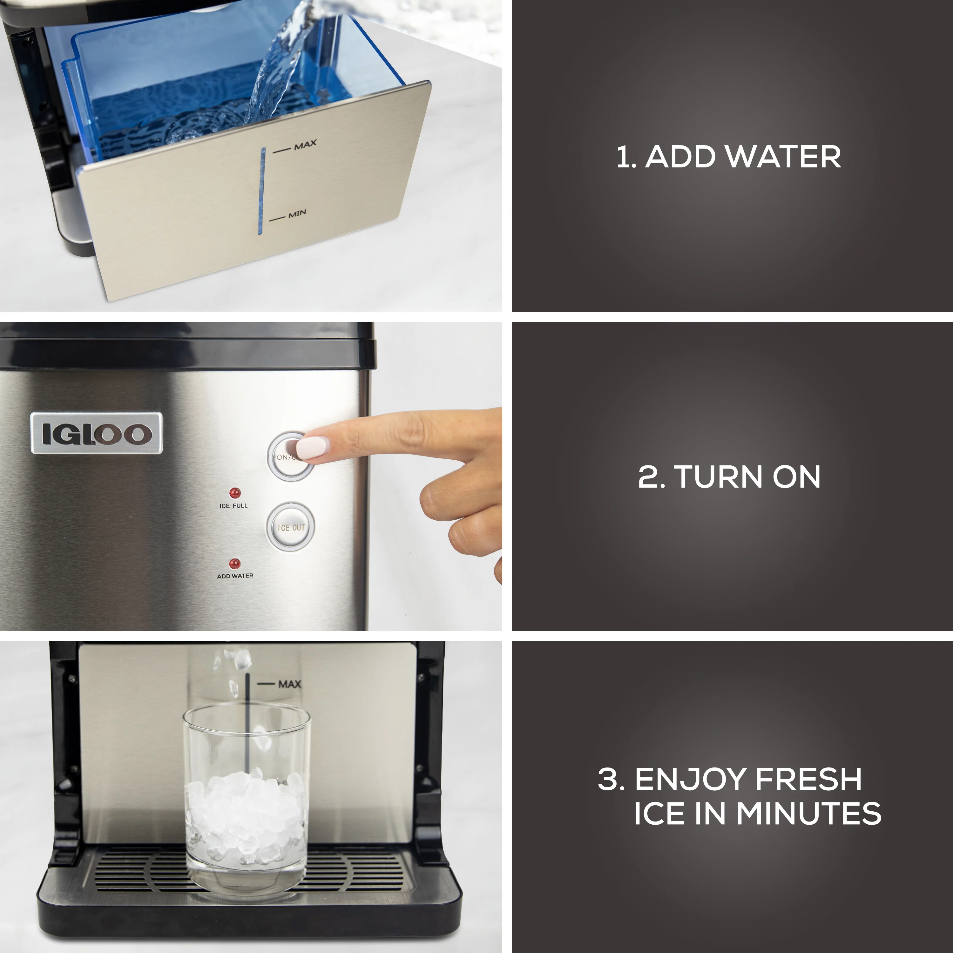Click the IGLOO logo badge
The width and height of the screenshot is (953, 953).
pos(96,433)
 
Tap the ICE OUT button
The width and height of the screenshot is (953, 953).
pos(291,527)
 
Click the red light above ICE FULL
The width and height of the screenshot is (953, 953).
pos(235,493)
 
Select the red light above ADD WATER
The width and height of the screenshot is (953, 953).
pos(235,563)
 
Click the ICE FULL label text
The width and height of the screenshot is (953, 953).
pos(234,506)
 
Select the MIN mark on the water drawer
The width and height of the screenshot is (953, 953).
pos(297,213)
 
